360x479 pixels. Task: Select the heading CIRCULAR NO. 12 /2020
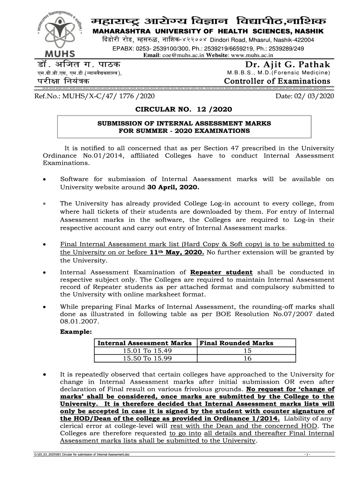point(183,109)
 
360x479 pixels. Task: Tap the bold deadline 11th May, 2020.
point(177,252)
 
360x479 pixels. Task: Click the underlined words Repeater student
point(222,272)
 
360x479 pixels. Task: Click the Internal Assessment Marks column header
point(144,343)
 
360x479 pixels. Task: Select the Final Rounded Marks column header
point(237,343)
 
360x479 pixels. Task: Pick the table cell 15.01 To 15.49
point(144,350)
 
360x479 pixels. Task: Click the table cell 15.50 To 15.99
point(144,358)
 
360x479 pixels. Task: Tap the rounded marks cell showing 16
point(247,358)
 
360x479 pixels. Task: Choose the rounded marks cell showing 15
point(247,350)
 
